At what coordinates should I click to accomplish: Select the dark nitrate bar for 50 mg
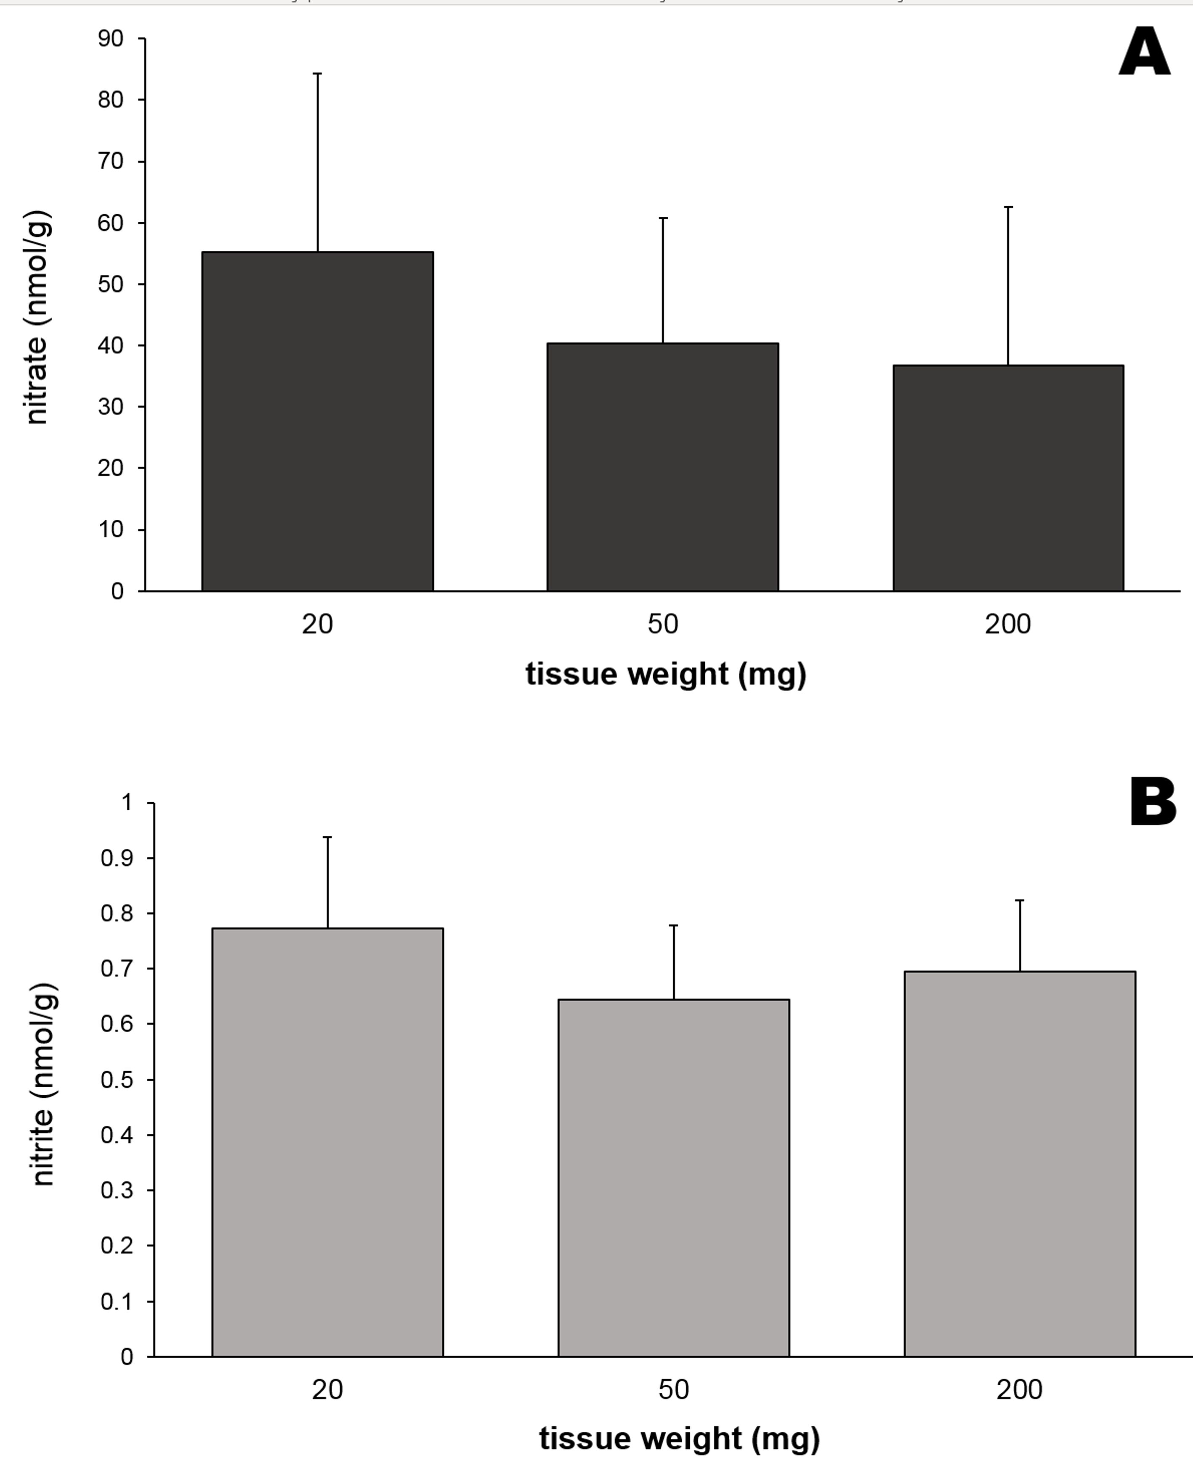(x=662, y=467)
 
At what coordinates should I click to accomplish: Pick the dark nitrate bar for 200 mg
(x=1008, y=478)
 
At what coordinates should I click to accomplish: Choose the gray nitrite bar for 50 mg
(x=673, y=1178)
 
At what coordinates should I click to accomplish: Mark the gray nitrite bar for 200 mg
(x=1019, y=1164)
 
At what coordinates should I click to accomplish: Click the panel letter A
(x=1144, y=53)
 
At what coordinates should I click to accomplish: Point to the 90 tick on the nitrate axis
(x=111, y=38)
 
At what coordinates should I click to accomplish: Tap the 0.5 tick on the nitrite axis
(x=117, y=1080)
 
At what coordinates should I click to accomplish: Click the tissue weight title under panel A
(x=665, y=674)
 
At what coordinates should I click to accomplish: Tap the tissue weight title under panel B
(x=679, y=1438)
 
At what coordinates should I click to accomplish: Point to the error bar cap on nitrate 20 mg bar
(x=317, y=74)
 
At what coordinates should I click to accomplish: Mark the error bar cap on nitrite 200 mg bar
(x=1019, y=900)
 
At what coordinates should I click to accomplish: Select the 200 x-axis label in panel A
(x=1007, y=624)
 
